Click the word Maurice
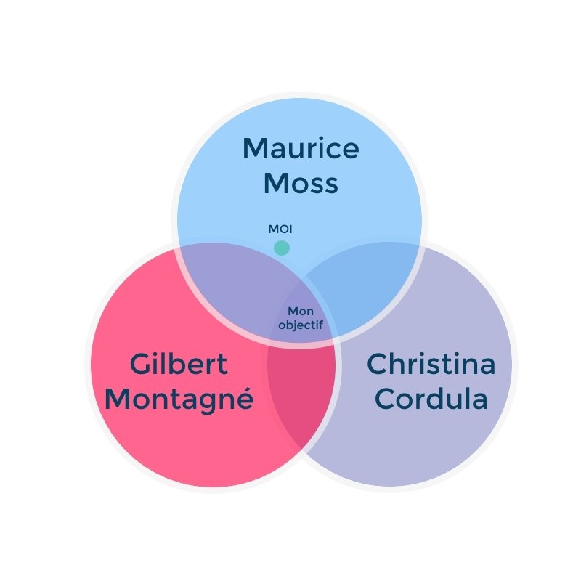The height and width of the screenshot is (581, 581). pos(300,149)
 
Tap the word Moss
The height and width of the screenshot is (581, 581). pos(300,183)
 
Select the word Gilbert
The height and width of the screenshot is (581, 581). pos(179,365)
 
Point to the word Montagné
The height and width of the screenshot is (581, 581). pos(179,399)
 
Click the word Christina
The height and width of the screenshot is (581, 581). pos(431,365)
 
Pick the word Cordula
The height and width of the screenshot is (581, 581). pos(431,399)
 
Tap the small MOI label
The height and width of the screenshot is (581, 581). pos(280,229)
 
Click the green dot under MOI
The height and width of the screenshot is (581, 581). pos(282,248)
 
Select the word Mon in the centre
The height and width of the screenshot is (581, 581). pos(301,312)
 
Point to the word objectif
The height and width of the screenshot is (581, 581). pos(301,326)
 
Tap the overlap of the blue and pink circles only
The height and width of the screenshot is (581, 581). pos(232,283)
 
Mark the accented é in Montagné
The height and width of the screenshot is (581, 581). pos(243,398)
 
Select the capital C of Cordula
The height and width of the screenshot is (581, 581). pos(386,399)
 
